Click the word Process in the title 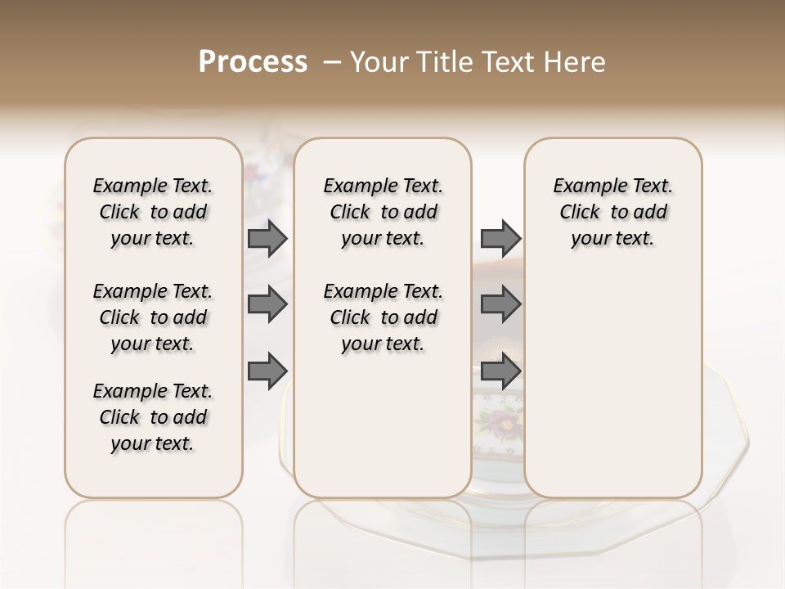(253, 62)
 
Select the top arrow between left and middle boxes (267, 238)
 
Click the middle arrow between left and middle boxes (267, 304)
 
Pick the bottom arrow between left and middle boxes (267, 371)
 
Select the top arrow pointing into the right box (500, 238)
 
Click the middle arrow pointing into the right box (500, 304)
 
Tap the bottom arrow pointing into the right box (500, 371)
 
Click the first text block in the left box (153, 212)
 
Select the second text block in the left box (153, 317)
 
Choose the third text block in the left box (153, 417)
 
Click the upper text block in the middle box (383, 212)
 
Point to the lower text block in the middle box (383, 317)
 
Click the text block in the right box (612, 212)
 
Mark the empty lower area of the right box (612, 393)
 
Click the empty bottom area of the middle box (383, 434)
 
